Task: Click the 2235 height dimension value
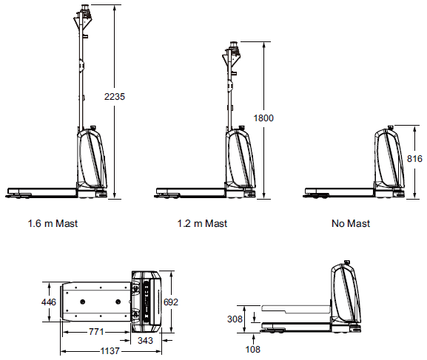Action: click(x=115, y=97)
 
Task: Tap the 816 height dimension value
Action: click(x=416, y=159)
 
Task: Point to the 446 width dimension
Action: click(x=49, y=302)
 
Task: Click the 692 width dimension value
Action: click(x=170, y=302)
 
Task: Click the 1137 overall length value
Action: click(x=111, y=351)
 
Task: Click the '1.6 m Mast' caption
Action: click(x=53, y=223)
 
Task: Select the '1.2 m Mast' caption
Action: click(x=202, y=223)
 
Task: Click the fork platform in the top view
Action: click(x=97, y=302)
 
